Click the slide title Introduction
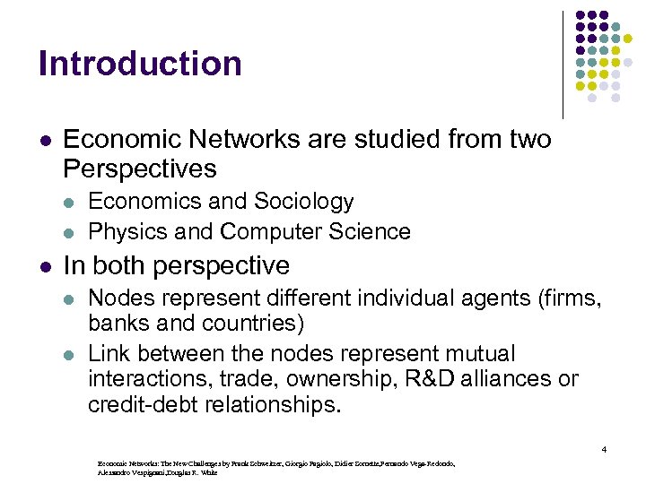point(140,64)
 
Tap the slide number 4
point(605,449)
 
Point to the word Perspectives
point(140,169)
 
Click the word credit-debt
point(144,404)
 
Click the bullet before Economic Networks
point(44,141)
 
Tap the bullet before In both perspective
point(44,266)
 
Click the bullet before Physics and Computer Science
point(73,232)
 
